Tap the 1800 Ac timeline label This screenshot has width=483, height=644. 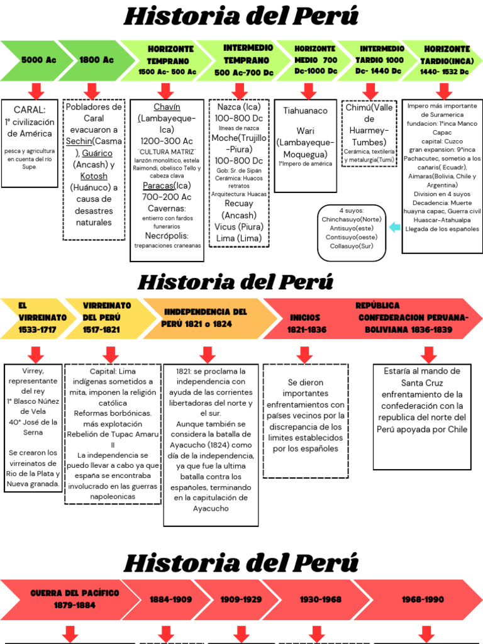[96, 60]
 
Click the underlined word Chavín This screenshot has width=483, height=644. [167, 107]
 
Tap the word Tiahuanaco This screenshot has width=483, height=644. [305, 111]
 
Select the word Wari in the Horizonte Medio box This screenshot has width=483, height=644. [305, 131]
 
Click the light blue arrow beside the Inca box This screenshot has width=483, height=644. [394, 227]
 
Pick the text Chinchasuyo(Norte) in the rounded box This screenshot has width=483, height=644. [352, 219]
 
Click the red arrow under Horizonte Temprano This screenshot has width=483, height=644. [167, 91]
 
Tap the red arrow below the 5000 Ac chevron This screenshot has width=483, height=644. [36, 91]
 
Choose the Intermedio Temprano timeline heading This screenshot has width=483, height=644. [248, 60]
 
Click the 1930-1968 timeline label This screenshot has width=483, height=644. [321, 599]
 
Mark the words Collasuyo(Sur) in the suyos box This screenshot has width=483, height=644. [352, 246]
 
